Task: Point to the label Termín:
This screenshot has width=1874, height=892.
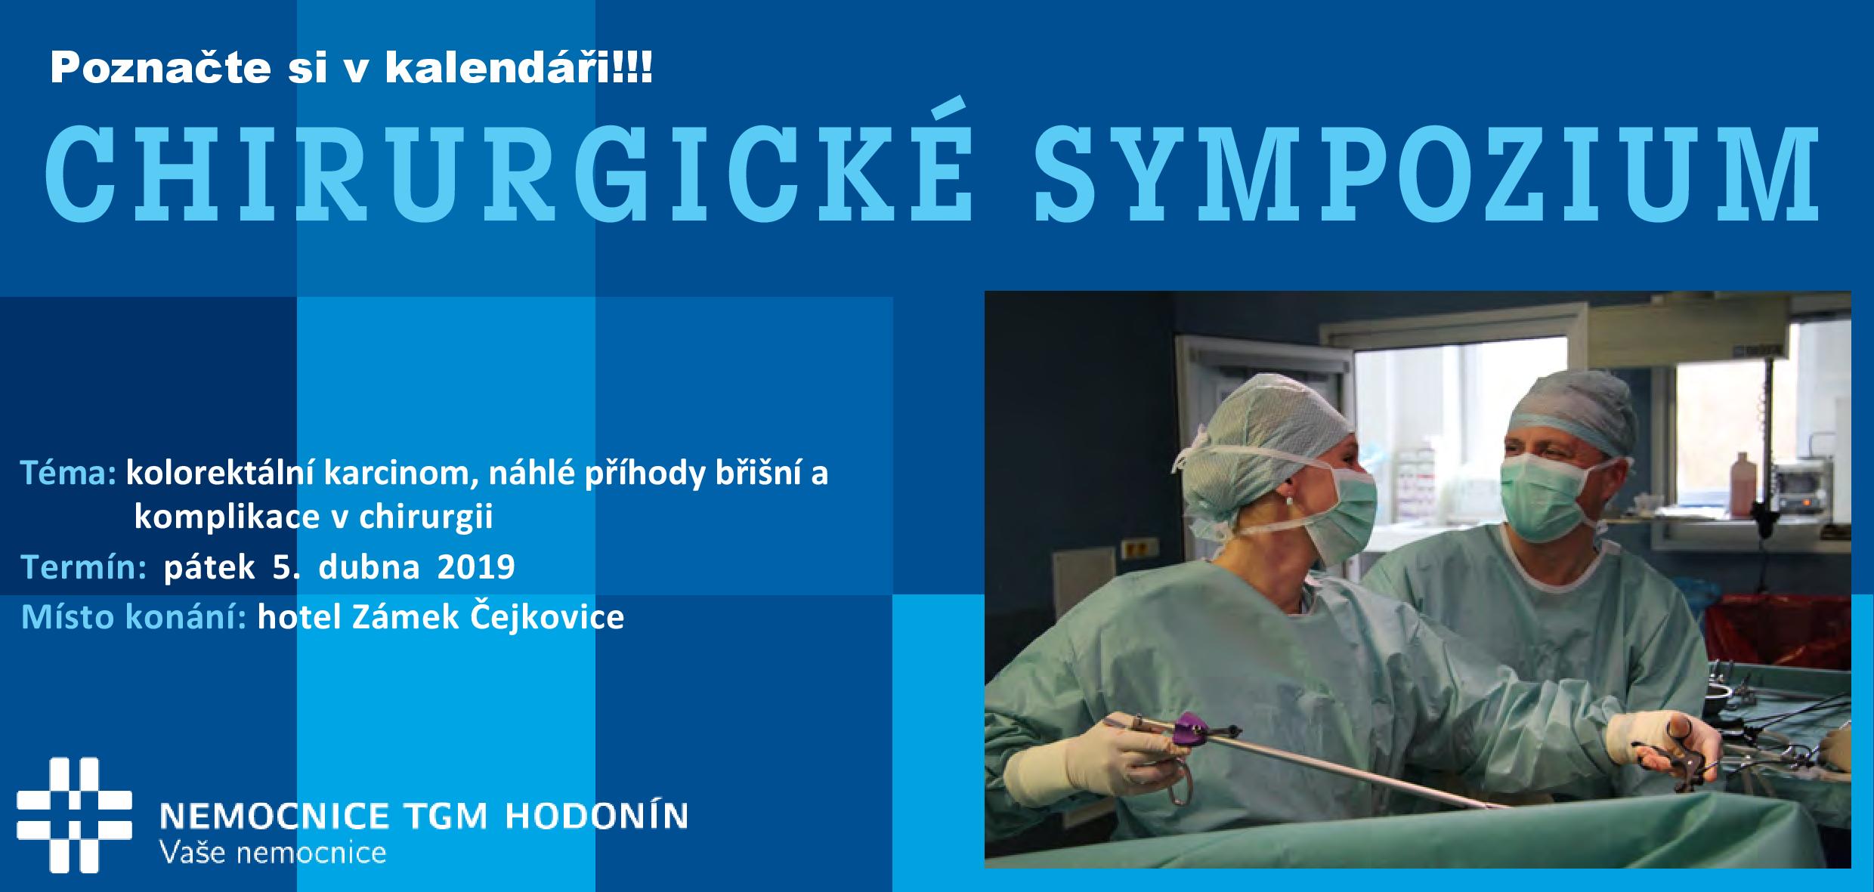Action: coord(84,567)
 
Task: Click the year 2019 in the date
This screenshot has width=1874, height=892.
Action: coord(476,567)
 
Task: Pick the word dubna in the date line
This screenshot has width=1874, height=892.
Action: coord(369,567)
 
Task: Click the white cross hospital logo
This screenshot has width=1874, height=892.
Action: coord(74,814)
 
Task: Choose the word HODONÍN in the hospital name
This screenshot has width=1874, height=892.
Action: coord(595,816)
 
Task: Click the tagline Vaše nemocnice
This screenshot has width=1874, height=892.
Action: coord(274,853)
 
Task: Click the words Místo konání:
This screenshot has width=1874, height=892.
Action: coord(134,617)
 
